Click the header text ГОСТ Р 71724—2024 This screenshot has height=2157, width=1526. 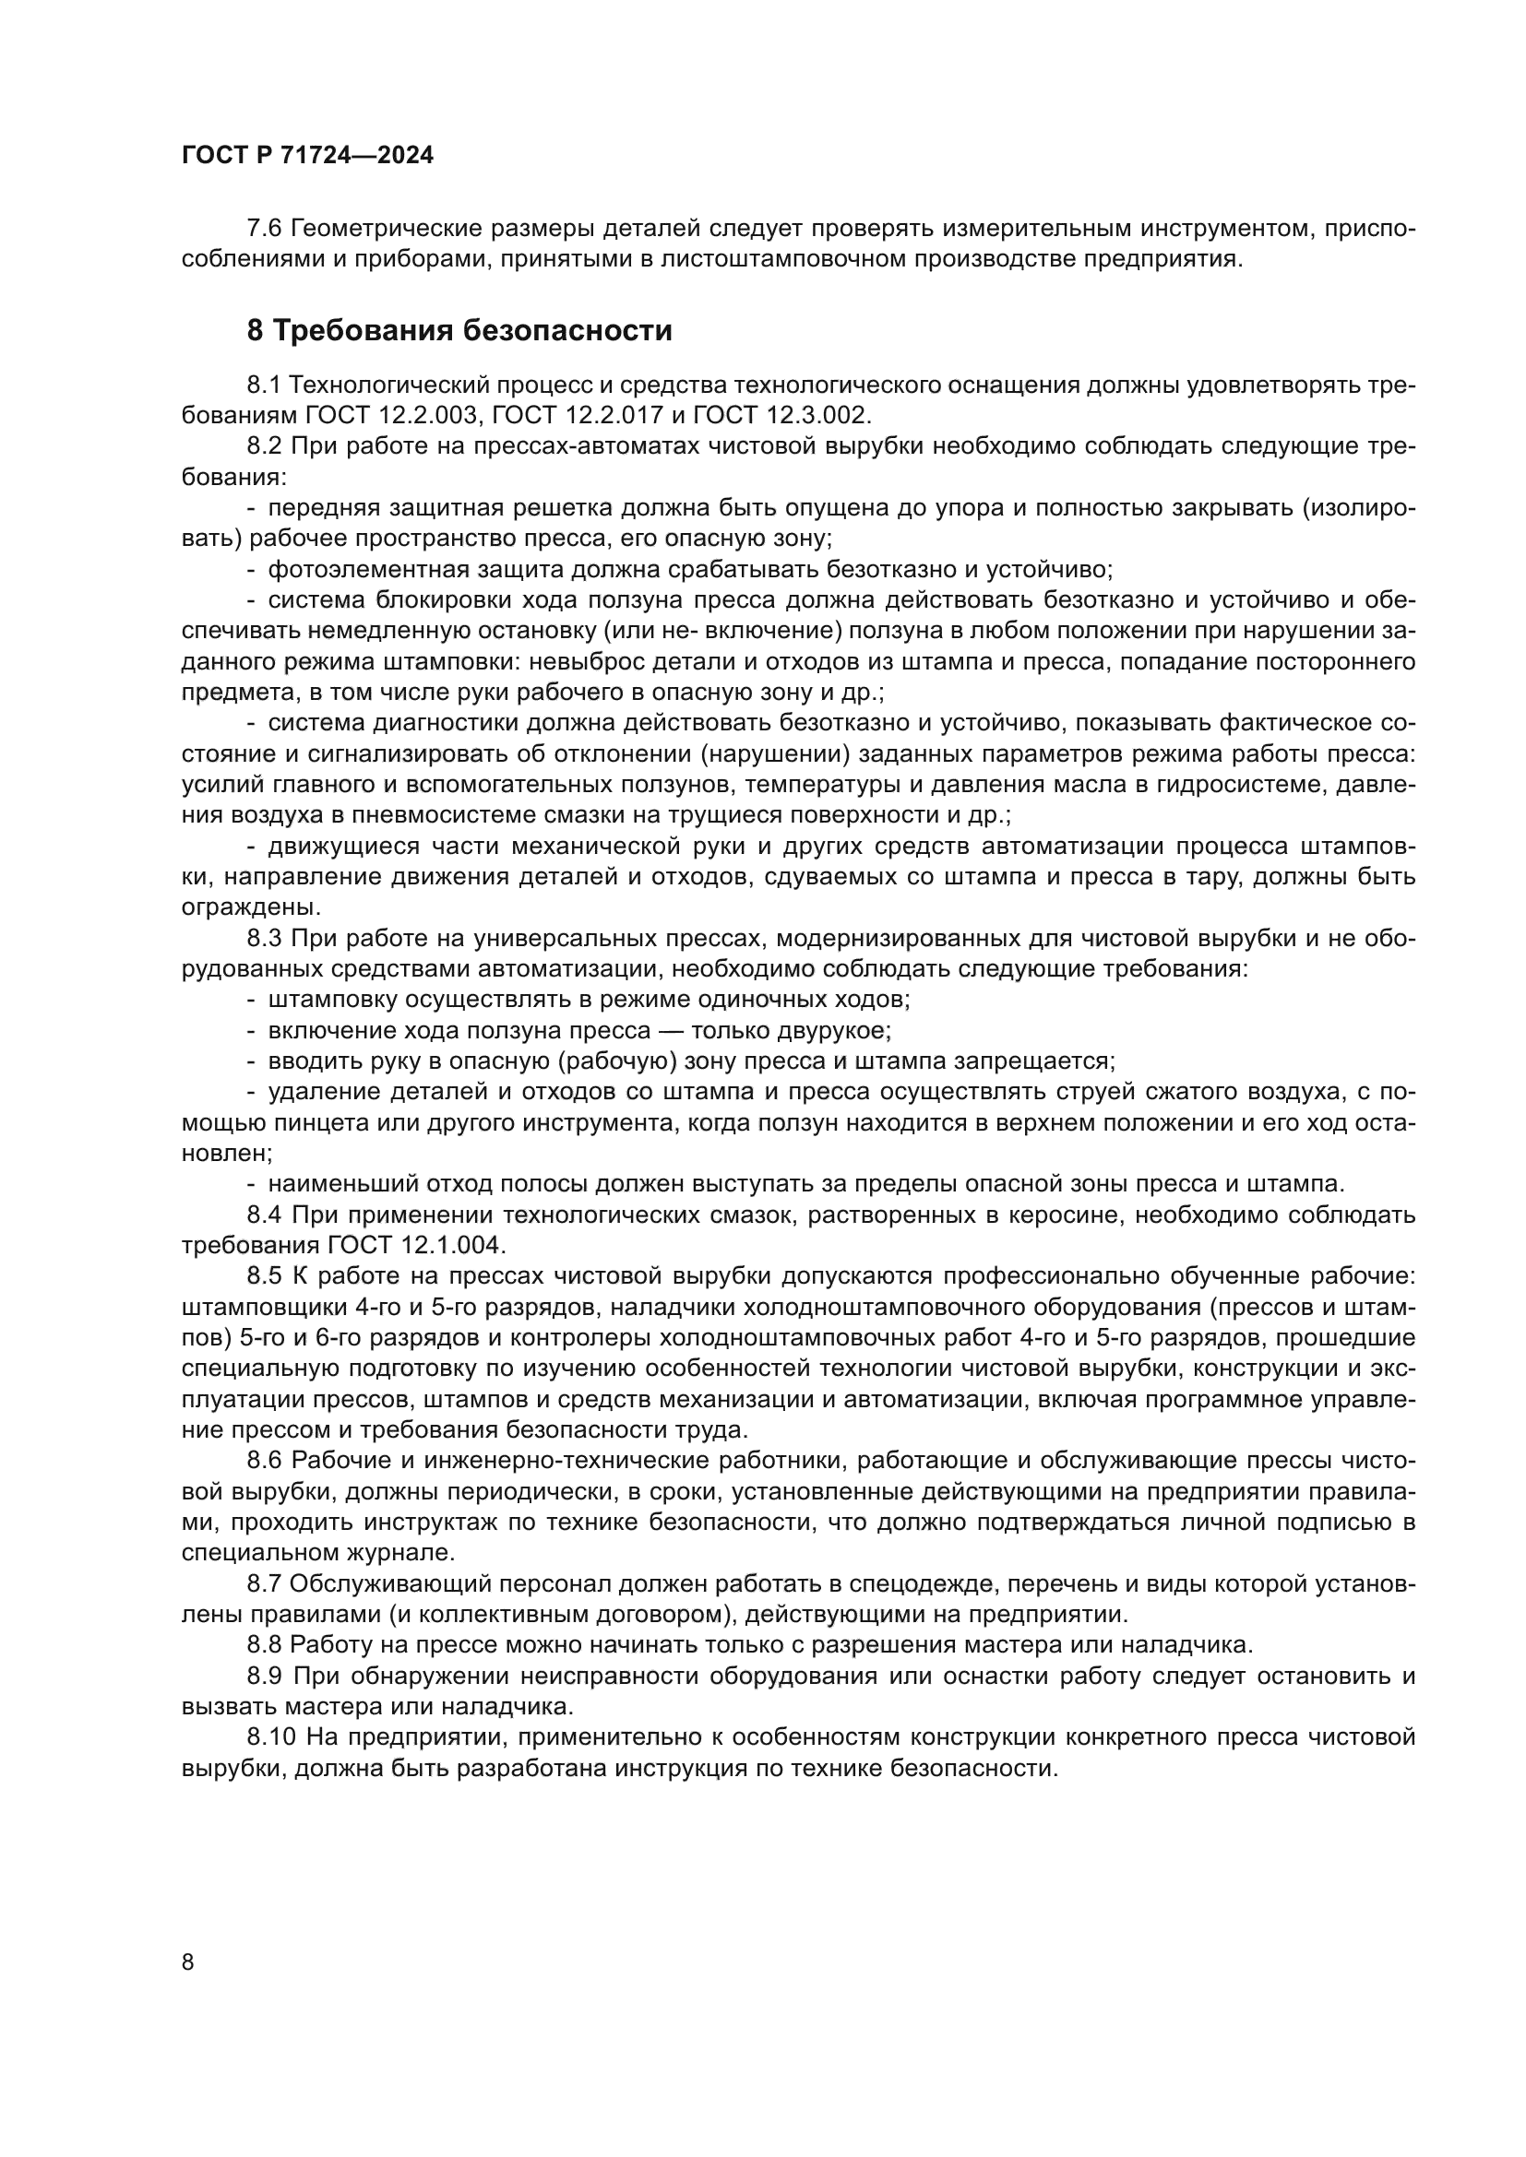(307, 156)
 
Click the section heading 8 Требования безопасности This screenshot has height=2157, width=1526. (459, 331)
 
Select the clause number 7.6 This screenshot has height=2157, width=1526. (264, 229)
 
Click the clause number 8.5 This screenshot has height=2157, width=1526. (264, 1275)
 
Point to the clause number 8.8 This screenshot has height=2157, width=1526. (264, 1645)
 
